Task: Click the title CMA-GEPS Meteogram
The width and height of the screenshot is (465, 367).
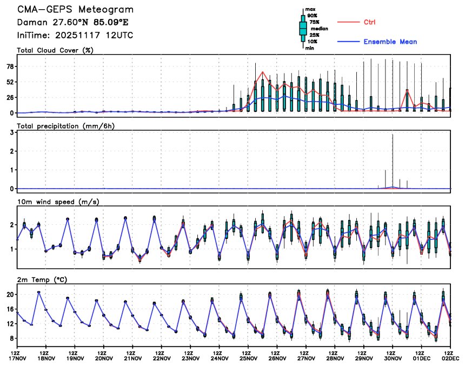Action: tap(75, 10)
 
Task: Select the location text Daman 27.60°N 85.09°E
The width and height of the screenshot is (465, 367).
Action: tap(73, 23)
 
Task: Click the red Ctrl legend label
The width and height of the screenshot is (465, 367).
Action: tap(369, 22)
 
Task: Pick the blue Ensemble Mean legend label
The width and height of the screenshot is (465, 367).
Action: tap(390, 42)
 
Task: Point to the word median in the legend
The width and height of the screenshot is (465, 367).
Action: tap(318, 29)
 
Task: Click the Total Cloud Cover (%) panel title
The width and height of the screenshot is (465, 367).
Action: tap(55, 51)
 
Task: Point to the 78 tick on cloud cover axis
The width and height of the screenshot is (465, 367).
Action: tap(9, 66)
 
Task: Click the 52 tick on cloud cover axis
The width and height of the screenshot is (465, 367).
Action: tap(9, 82)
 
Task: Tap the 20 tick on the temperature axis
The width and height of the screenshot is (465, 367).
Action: tap(9, 295)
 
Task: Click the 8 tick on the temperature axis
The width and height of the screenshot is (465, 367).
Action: tap(11, 338)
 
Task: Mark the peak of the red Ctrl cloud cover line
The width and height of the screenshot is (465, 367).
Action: tap(263, 71)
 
